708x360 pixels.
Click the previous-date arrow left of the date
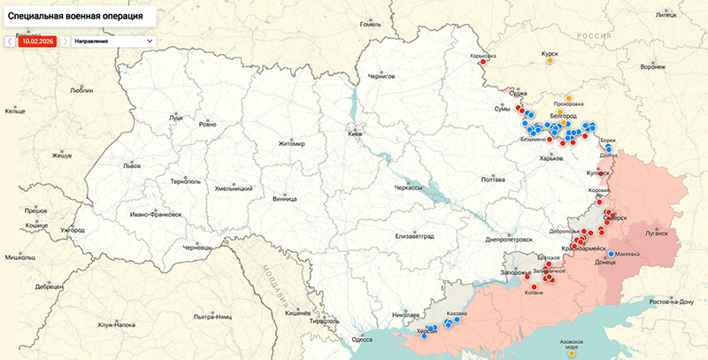(x=10, y=41)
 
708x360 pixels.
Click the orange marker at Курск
(x=550, y=61)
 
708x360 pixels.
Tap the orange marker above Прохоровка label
(x=569, y=98)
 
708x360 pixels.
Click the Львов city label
(x=132, y=165)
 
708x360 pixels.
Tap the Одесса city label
(x=362, y=340)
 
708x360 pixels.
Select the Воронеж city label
(x=653, y=66)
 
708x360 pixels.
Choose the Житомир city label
(x=290, y=144)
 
